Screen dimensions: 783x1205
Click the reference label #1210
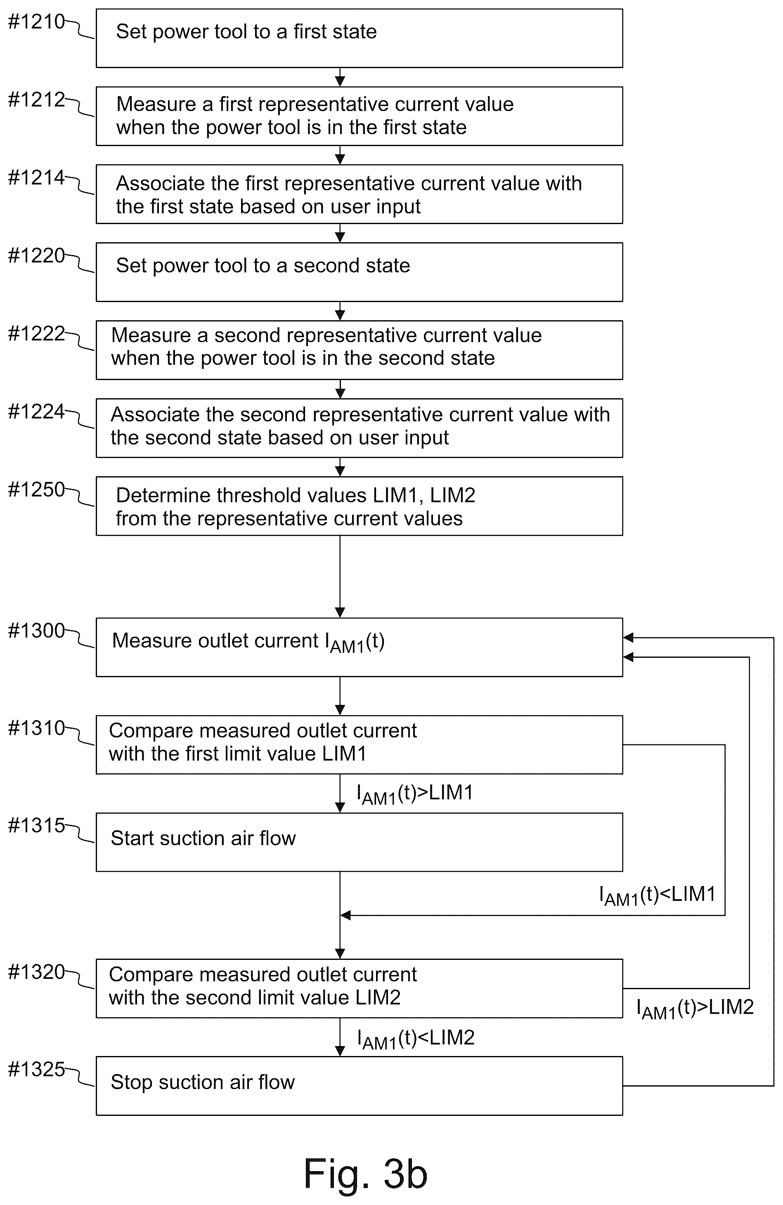(36, 22)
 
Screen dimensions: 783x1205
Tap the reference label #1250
(36, 489)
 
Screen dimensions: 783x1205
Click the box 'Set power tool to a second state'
(359, 272)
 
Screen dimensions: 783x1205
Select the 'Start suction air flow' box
(359, 842)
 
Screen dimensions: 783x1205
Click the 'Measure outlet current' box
(359, 647)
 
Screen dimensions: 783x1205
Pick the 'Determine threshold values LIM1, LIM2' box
(359, 506)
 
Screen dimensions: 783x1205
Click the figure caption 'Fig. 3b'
(365, 1174)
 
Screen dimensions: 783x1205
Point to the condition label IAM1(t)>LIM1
(415, 794)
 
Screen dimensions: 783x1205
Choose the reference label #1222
(36, 334)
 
